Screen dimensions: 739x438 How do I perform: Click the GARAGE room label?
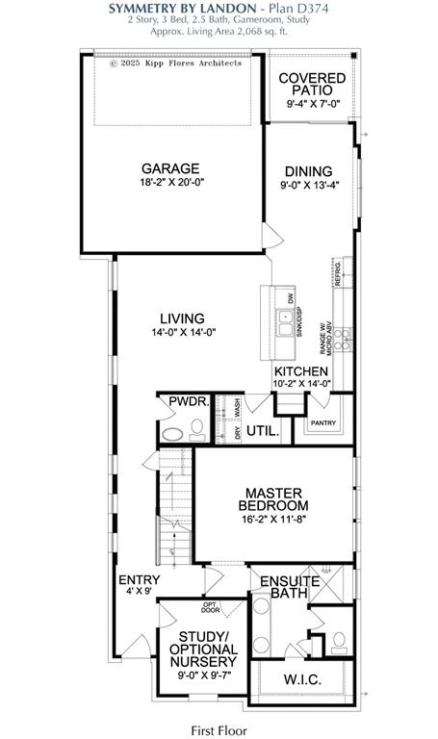pos(170,166)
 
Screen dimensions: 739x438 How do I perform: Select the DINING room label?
pos(307,170)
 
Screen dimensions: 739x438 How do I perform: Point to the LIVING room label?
pos(182,319)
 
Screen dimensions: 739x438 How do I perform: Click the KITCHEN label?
pos(301,372)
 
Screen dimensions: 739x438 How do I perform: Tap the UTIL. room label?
pos(263,432)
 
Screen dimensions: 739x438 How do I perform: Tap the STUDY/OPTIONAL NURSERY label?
pos(208,650)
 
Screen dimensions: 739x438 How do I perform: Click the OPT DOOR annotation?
pos(209,607)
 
